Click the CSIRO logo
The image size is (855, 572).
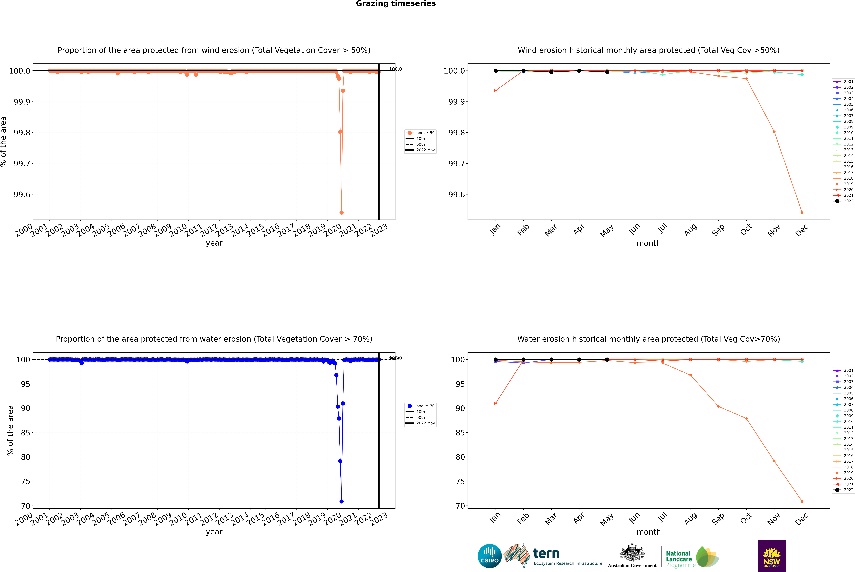[x=490, y=556]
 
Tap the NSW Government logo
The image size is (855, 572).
[x=772, y=556]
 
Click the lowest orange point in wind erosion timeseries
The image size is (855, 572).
[x=342, y=213]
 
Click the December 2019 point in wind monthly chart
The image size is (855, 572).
[x=802, y=213]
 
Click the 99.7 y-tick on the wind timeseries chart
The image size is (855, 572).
[x=22, y=163]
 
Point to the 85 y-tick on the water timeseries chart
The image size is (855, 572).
[x=26, y=433]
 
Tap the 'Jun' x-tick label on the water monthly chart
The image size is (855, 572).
[x=634, y=518]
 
